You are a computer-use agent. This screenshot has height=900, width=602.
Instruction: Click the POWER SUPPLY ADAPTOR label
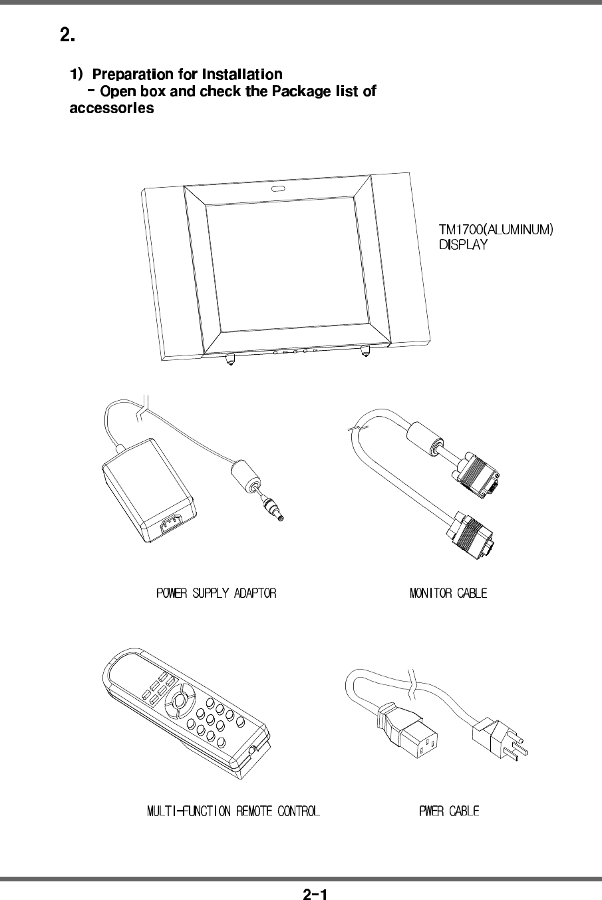(216, 592)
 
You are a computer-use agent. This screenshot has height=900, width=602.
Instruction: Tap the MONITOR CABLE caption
(448, 592)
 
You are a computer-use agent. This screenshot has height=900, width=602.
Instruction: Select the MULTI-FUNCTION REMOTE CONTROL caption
(233, 811)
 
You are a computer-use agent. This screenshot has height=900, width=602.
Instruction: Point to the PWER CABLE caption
(449, 811)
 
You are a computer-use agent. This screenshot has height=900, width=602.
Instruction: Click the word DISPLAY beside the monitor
(463, 245)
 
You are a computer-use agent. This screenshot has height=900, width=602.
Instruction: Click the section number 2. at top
(67, 35)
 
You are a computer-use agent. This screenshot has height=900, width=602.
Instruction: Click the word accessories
(112, 109)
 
